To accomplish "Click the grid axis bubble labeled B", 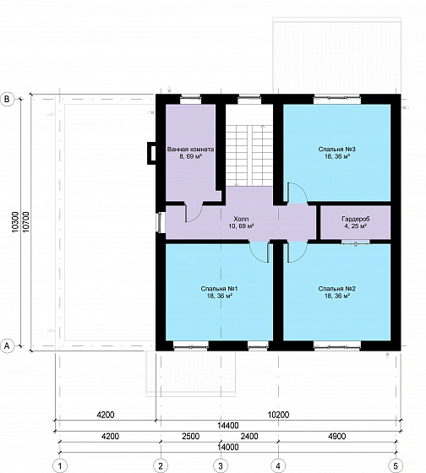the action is coord(8,100).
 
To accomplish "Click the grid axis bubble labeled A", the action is coord(8,346).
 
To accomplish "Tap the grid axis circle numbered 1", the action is coord(60,465).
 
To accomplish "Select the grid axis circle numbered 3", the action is coord(221,465).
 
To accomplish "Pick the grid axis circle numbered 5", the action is coord(396,465).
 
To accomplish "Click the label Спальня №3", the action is coord(336,149).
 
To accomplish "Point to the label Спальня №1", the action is coord(219,289).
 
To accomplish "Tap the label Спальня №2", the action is coord(336,289).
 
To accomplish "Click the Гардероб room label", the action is coord(355,219).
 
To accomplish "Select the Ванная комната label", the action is coord(190,149).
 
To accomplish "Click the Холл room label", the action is coord(241,219).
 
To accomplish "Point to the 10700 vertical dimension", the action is coord(26,221).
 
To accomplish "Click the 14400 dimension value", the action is coord(228,426).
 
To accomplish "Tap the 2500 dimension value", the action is coord(190,436).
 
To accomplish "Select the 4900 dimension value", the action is coord(336,436).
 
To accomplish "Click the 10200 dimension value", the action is coord(278,415).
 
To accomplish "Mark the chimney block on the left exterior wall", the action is coord(151,153).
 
